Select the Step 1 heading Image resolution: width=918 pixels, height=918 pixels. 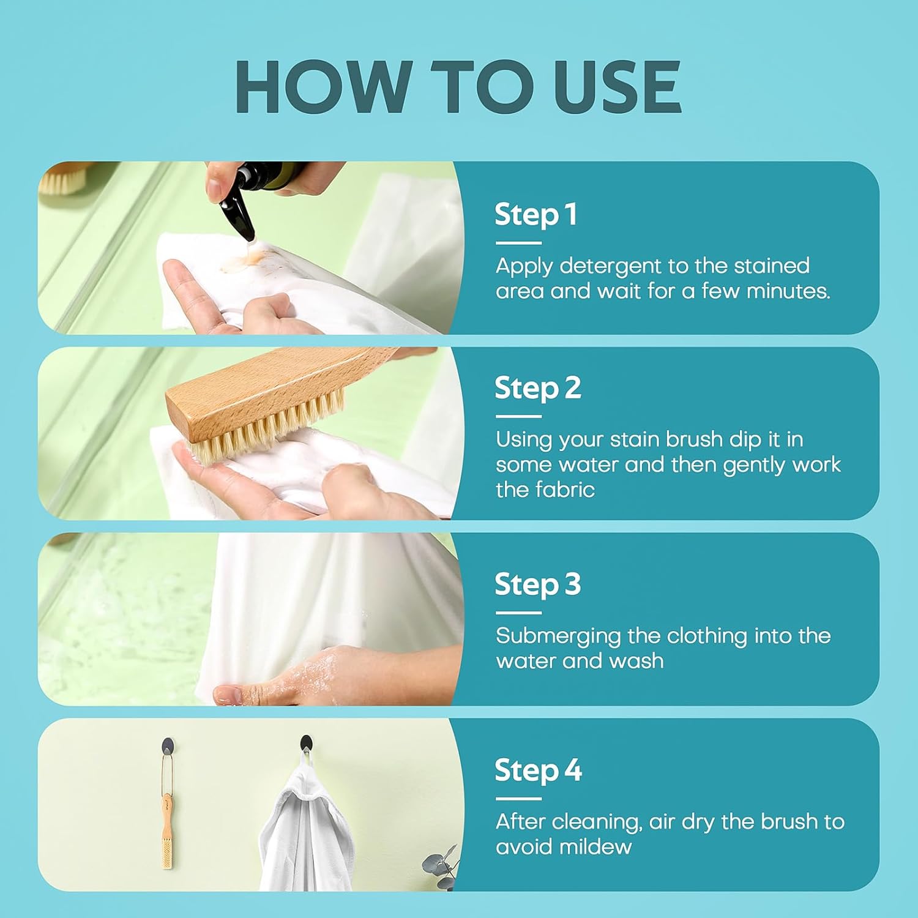(x=535, y=215)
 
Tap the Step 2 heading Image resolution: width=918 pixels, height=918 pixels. (x=537, y=389)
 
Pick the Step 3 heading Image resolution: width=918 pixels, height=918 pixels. (x=537, y=585)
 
